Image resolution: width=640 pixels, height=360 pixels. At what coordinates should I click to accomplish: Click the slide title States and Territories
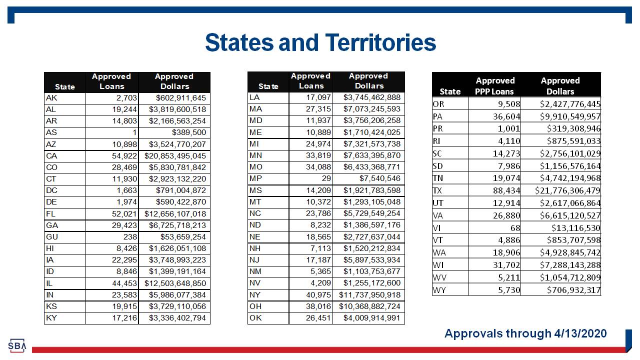tap(320, 42)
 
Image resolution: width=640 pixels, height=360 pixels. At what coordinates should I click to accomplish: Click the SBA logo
tap(17, 345)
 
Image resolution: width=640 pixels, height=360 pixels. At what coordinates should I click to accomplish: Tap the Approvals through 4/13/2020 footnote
tap(525, 333)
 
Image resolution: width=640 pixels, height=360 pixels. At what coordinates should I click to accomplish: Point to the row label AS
tap(51, 132)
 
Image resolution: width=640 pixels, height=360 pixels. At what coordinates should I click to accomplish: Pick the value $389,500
tap(188, 132)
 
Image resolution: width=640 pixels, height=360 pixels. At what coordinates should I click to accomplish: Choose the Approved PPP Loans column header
tap(494, 86)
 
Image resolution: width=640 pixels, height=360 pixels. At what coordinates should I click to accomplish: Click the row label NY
tap(255, 295)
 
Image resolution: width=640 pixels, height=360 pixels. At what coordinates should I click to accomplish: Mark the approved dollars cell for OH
tap(369, 306)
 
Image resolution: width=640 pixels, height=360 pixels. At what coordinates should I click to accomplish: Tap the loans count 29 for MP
tap(326, 178)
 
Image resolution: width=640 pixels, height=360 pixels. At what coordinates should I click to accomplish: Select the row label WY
tap(439, 290)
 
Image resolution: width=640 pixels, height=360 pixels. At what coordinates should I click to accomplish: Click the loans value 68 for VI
tap(515, 228)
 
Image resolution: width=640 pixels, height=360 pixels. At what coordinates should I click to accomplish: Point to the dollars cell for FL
tap(175, 214)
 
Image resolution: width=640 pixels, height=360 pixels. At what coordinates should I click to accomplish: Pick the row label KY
tap(51, 318)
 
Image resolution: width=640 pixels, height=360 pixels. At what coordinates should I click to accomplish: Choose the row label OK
tap(255, 318)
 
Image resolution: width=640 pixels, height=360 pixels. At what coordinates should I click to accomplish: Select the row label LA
tap(254, 97)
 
